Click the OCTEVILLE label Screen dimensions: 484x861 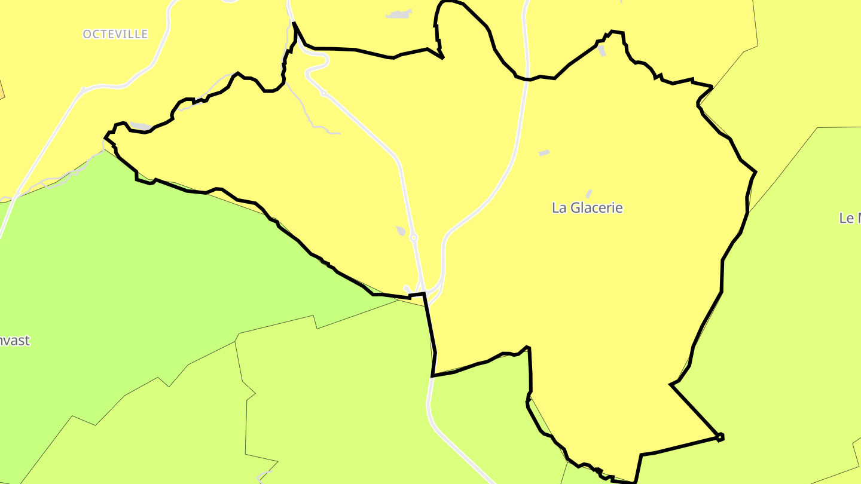(x=115, y=34)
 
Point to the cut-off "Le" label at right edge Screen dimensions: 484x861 (x=850, y=218)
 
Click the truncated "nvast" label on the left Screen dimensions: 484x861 (x=15, y=341)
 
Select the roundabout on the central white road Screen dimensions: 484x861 (x=414, y=238)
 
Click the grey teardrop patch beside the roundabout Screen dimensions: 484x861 (x=401, y=231)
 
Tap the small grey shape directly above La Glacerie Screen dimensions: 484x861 (x=589, y=194)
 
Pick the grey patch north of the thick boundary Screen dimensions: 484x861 (x=399, y=14)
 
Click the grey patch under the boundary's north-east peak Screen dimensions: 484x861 (x=602, y=51)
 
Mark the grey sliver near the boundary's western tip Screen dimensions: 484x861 (x=141, y=125)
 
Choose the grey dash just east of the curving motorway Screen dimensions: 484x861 (x=544, y=154)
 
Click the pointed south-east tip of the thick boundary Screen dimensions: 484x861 (x=721, y=437)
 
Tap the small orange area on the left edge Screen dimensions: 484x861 (x=2, y=90)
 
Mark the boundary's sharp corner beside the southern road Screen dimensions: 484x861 (x=432, y=376)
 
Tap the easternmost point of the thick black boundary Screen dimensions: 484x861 (x=756, y=172)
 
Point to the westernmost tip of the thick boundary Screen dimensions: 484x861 (x=105, y=138)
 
